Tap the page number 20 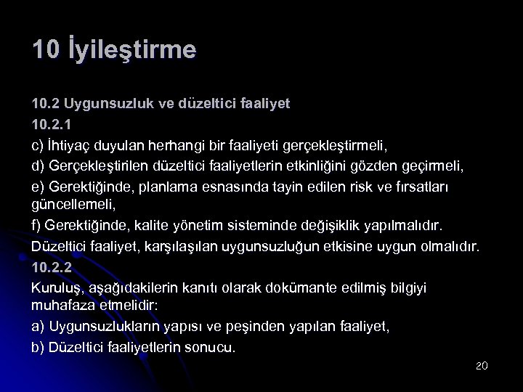tap(481, 365)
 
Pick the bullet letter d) tap(38, 165)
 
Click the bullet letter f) tap(37, 225)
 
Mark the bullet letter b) tap(38, 347)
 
